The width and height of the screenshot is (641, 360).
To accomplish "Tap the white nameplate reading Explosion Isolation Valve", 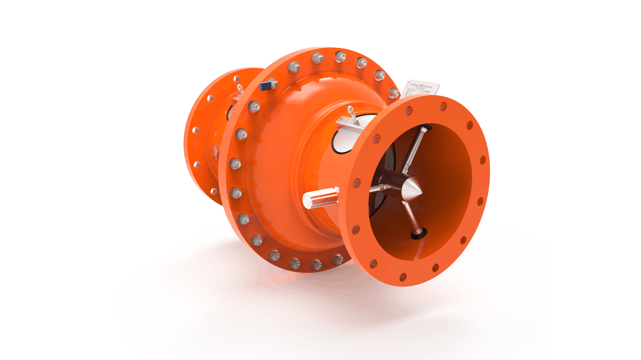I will [420, 88].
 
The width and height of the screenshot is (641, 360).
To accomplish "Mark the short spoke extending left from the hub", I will [376, 189].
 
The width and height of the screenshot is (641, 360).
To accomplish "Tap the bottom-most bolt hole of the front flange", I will [403, 277].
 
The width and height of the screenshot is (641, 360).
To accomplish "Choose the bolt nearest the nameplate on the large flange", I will [394, 92].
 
